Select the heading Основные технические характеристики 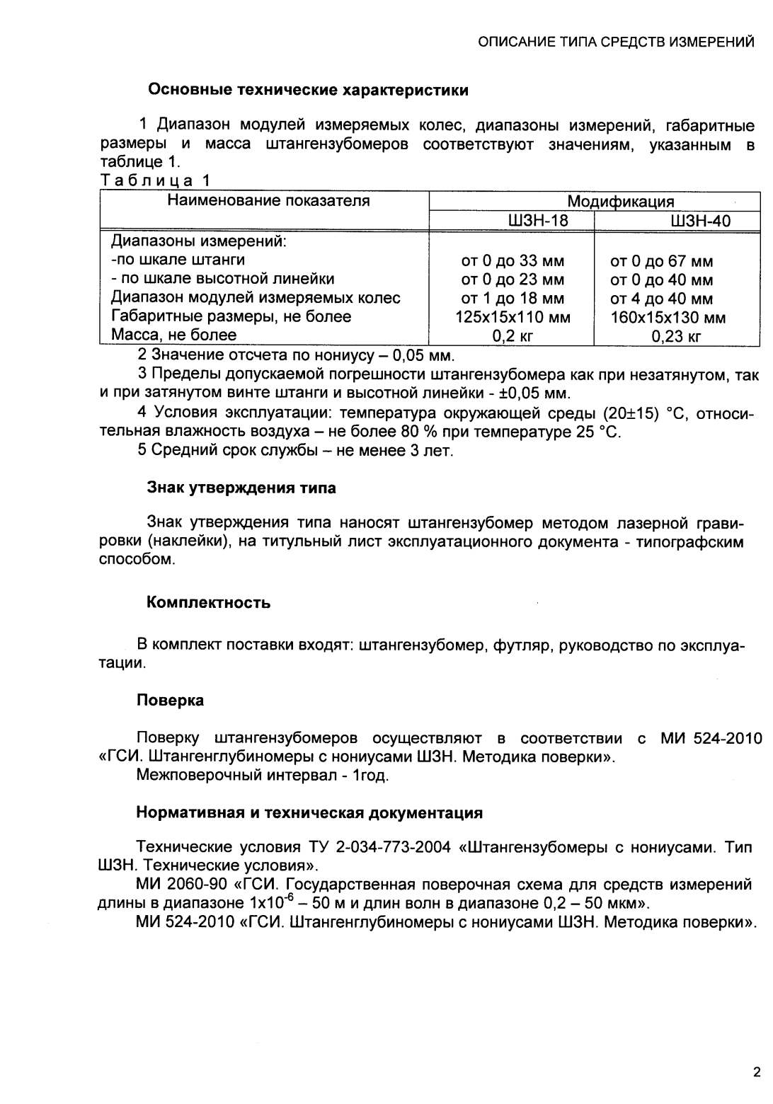coord(307,91)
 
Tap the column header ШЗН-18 coord(513,222)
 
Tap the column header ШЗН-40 coord(676,222)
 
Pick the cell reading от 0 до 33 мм coord(513,261)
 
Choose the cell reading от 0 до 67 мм coord(661,261)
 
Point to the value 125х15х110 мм coord(513,317)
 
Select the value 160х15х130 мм coord(668,317)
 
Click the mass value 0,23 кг coord(675,336)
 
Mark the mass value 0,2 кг coord(513,336)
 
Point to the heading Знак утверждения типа coord(241,488)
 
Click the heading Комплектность coord(208,603)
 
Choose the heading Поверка coord(170,700)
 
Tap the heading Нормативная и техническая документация coord(309,813)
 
